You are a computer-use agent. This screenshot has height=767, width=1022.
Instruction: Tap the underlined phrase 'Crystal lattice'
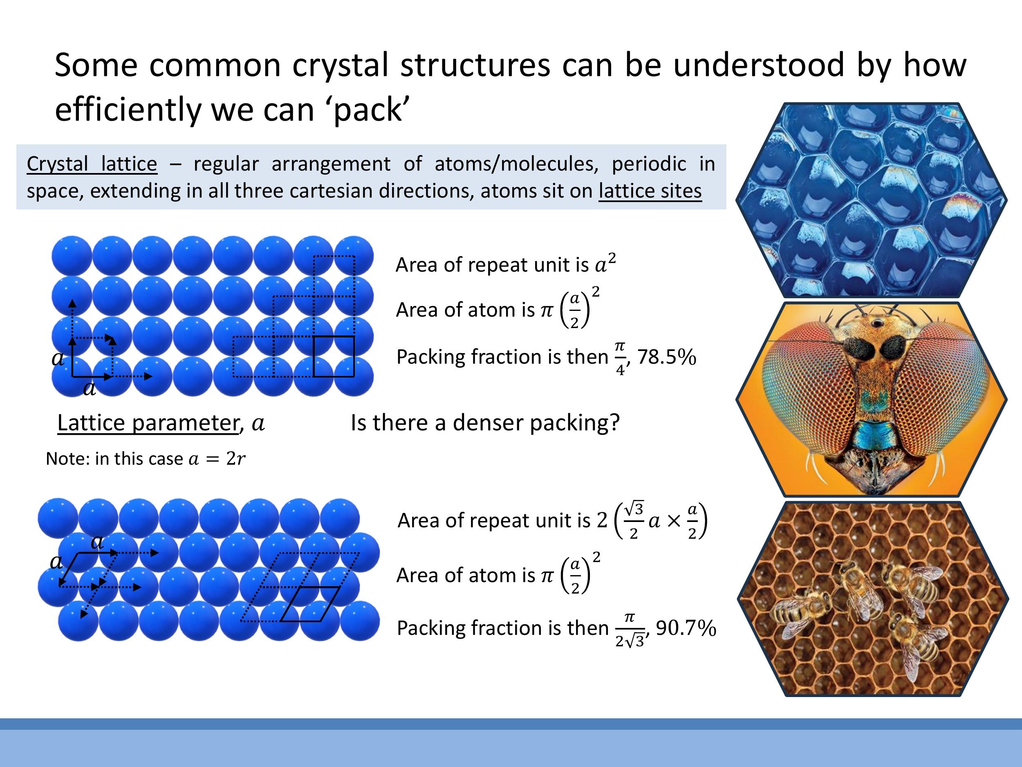92,164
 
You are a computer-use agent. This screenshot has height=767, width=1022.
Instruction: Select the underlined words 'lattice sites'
650,191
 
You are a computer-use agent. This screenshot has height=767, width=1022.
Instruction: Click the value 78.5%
666,357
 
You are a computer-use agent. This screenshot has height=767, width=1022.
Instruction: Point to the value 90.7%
686,628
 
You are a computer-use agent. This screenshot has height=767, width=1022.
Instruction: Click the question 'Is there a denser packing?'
485,423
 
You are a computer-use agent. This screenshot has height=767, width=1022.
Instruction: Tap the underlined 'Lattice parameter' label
148,423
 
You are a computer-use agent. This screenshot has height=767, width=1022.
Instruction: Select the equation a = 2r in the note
217,459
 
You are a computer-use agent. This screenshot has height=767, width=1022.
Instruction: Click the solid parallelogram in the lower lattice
310,604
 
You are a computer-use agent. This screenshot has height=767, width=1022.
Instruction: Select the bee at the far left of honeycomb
800,610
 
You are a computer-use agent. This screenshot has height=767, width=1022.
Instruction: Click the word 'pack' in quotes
368,110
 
